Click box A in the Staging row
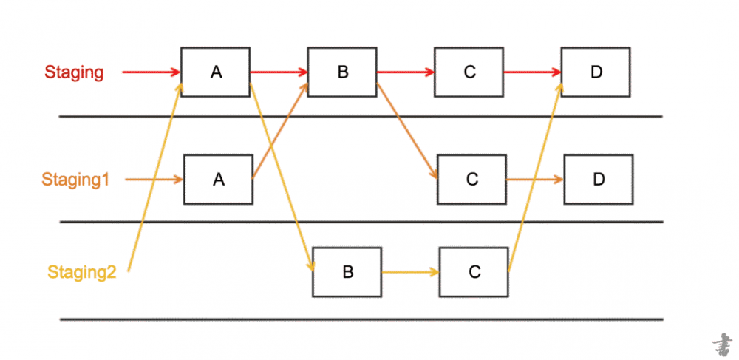(x=216, y=72)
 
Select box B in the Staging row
(x=343, y=72)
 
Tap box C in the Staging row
(x=469, y=72)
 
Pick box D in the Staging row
(x=596, y=72)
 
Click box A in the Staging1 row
(x=219, y=179)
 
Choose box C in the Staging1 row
(x=472, y=179)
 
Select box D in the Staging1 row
(x=599, y=179)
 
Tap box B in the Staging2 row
(x=347, y=271)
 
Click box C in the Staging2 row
(x=474, y=271)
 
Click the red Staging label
(x=74, y=72)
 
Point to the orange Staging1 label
(x=75, y=180)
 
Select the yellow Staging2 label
(x=82, y=272)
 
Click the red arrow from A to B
(x=279, y=72)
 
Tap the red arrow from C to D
(x=532, y=72)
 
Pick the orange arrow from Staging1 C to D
(x=535, y=179)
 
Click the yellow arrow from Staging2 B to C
(x=410, y=272)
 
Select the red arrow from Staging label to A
(x=151, y=72)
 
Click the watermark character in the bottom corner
(x=721, y=344)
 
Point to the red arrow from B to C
(x=406, y=72)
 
